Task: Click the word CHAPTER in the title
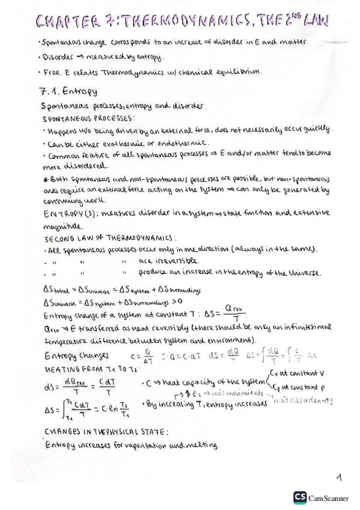(x=67, y=23)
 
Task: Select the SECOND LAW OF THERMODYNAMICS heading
(x=100, y=238)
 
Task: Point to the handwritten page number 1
(x=340, y=478)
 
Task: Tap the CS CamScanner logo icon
(x=299, y=497)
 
